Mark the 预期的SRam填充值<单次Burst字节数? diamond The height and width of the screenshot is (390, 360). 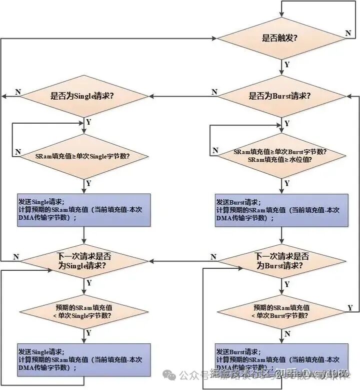coord(281,311)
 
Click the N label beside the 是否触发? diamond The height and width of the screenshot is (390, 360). coord(348,33)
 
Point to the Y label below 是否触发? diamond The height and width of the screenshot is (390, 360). coord(286,65)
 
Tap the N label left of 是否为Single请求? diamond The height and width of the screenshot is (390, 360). coord(18,92)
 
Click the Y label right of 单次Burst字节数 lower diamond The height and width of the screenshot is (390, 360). coord(350,307)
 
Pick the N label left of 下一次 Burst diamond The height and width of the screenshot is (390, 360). coord(214,257)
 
